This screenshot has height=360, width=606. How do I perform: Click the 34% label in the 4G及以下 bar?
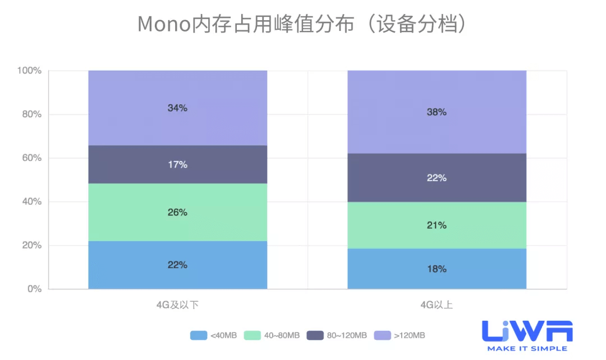coord(177,108)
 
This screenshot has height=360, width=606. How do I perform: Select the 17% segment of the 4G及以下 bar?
coord(177,165)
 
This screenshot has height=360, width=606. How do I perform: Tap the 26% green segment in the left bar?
coord(177,213)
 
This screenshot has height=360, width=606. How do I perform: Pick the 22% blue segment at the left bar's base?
coord(177,265)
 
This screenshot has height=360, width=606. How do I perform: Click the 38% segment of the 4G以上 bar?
coord(437,112)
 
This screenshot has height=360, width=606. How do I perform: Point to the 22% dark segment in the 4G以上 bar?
coord(437,178)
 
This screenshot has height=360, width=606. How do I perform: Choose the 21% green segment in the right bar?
coord(437,225)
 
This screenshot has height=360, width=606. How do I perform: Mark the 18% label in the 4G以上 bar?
coord(437,269)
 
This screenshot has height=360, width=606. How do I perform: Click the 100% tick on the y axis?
coord(30,71)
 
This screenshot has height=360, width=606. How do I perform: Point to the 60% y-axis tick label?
coord(31,158)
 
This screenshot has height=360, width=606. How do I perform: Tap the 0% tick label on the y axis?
coord(34,289)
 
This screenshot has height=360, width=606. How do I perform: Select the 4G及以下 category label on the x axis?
coord(177,305)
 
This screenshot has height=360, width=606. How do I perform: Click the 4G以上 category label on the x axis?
coord(437,305)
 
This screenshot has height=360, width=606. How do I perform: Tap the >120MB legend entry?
coord(400,335)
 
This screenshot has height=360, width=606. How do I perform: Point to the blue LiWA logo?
coord(527,331)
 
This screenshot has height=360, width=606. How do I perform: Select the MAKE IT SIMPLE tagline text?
coord(527,349)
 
